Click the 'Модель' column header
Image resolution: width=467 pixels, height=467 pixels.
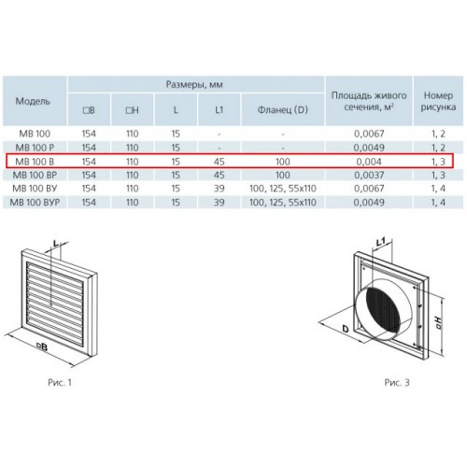click(33, 101)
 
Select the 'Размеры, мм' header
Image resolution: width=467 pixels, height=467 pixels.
click(194, 85)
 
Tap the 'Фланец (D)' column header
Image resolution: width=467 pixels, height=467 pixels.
click(283, 110)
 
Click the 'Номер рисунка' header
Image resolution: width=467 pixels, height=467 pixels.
click(438, 101)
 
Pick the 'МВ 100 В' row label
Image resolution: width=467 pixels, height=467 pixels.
click(35, 162)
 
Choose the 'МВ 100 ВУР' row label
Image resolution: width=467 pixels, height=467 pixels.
click(35, 203)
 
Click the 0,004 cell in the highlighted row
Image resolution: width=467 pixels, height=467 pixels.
click(369, 162)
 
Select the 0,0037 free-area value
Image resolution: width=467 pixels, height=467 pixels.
click(369, 175)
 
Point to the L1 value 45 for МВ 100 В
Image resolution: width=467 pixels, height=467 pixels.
click(219, 162)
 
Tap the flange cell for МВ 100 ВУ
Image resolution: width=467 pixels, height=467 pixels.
click(283, 189)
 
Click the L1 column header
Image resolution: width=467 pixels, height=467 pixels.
click(219, 110)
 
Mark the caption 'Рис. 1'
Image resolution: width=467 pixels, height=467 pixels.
click(60, 383)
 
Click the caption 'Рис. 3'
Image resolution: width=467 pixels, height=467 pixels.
click(397, 383)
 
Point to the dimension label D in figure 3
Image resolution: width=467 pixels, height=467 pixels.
click(346, 329)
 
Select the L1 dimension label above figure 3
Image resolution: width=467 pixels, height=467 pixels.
click(380, 242)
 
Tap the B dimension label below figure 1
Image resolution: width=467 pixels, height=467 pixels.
click(42, 347)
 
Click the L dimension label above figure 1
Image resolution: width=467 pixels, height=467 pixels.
click(55, 244)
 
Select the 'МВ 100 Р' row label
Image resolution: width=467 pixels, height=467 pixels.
click(35, 148)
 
